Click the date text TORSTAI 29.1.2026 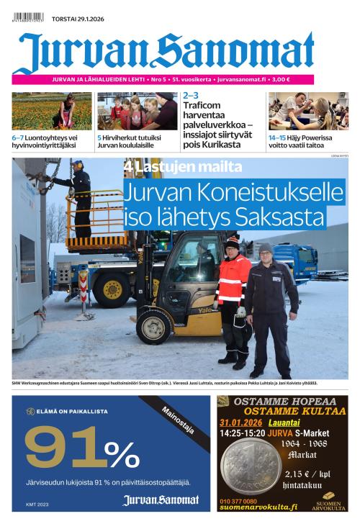click(78, 19)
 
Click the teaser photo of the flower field click(41, 111)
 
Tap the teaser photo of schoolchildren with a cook click(137, 111)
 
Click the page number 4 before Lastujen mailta click(127, 168)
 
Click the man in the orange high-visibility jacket click(233, 295)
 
